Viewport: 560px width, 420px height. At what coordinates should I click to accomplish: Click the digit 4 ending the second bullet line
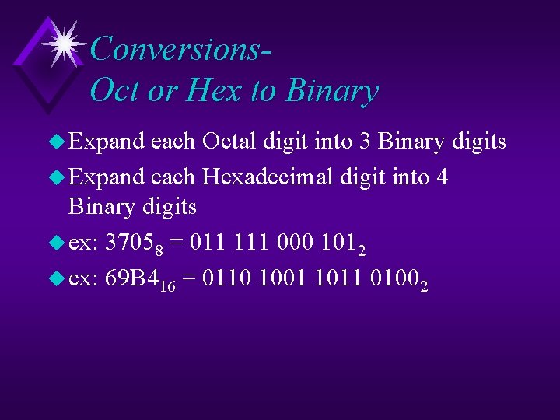442,177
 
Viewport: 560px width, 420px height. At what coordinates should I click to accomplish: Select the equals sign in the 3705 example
177,243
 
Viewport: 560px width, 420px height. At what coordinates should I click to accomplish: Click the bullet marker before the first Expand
58,142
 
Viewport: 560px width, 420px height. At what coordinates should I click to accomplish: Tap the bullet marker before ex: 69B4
58,279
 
